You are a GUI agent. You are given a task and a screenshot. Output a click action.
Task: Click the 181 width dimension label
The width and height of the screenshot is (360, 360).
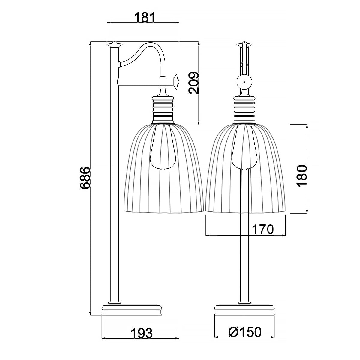point(145,17)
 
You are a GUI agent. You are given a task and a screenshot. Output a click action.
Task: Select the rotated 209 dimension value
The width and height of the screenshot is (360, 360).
point(193,82)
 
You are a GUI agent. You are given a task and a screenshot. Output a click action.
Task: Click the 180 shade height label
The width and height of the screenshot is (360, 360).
point(302,176)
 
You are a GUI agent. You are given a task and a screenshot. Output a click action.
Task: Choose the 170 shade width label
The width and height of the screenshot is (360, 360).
point(263,229)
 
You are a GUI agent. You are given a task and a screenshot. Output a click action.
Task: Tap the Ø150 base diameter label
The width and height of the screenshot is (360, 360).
point(245,332)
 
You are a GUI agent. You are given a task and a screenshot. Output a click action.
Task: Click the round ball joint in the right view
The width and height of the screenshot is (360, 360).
point(244,82)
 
